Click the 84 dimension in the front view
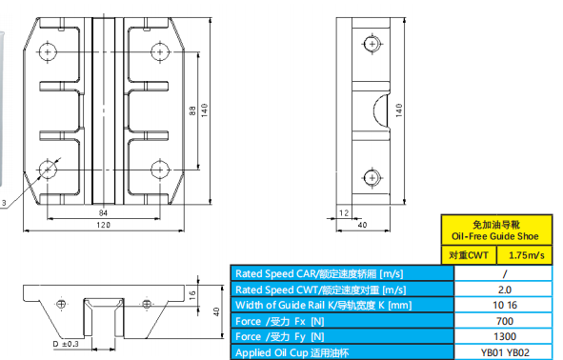tap(103, 212)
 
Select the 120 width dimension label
tap(104, 225)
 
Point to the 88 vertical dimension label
tap(192, 110)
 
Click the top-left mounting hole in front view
tap(48, 52)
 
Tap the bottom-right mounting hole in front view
tap(160, 170)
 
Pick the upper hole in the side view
tap(372, 44)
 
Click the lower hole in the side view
tap(372, 178)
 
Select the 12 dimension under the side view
tap(344, 212)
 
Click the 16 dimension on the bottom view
tap(192, 295)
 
